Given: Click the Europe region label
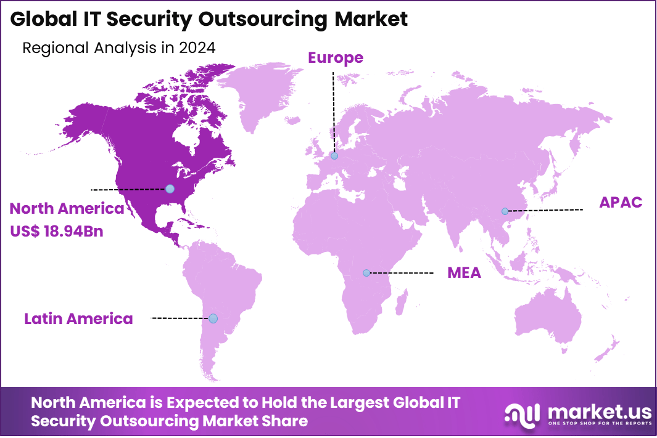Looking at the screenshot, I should pyautogui.click(x=336, y=58).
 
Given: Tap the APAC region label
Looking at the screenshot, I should pyautogui.click(x=621, y=203).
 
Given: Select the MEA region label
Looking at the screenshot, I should pyautogui.click(x=464, y=273).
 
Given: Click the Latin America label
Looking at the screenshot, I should pyautogui.click(x=78, y=318).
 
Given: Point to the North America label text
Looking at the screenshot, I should pyautogui.click(x=67, y=209).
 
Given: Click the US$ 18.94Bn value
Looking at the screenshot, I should pyautogui.click(x=56, y=232).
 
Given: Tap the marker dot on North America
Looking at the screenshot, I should pyautogui.click(x=170, y=189).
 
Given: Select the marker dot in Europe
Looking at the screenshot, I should pyautogui.click(x=334, y=156).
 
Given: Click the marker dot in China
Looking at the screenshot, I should pyautogui.click(x=505, y=211).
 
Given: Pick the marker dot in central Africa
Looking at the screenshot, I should pyautogui.click(x=366, y=272).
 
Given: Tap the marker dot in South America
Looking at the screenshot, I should pyautogui.click(x=213, y=318).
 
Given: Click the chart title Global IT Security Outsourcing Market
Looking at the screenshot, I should pyautogui.click(x=209, y=19).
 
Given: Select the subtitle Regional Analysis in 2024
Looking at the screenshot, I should pyautogui.click(x=118, y=48).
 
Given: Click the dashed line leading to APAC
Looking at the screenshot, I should pyautogui.click(x=546, y=211).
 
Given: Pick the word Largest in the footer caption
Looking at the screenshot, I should pyautogui.click(x=355, y=403).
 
